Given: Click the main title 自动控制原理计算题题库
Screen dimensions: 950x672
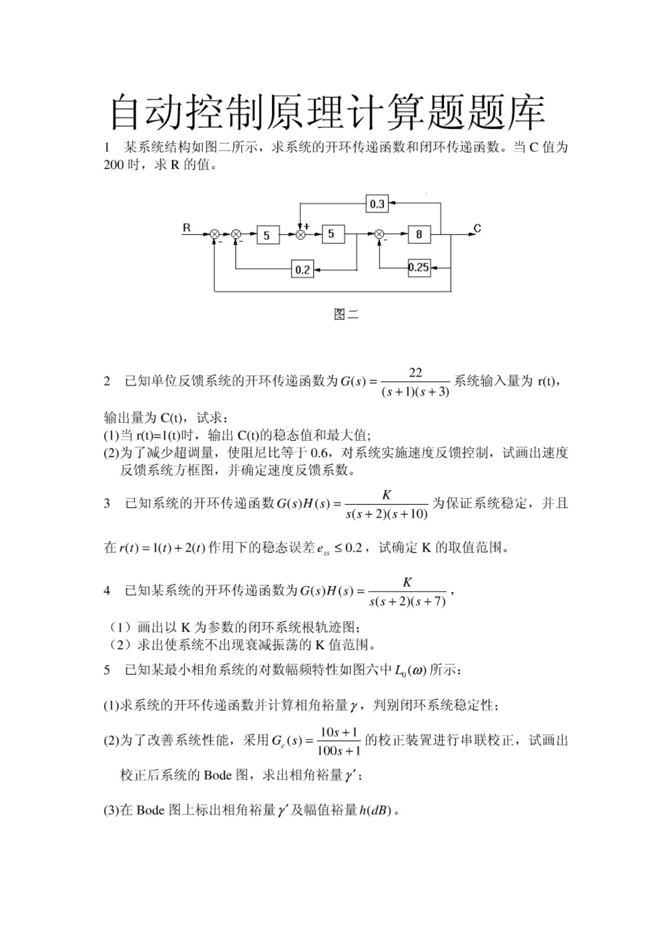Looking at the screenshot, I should [327, 112].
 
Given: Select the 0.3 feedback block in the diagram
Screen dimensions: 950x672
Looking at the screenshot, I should [377, 204].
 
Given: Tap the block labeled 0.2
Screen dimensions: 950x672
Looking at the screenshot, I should [303, 269].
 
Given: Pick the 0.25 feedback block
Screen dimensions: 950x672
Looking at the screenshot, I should [419, 268].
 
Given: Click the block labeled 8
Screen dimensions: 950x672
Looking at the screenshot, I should [419, 234].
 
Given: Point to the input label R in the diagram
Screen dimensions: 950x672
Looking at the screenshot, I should [187, 228].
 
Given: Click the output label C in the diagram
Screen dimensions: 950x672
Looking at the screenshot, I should [477, 229].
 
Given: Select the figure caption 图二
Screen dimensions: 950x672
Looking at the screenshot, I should [346, 314].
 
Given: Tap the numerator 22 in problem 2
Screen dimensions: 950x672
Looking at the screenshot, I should [415, 373].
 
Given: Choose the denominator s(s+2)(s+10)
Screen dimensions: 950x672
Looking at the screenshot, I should [386, 515].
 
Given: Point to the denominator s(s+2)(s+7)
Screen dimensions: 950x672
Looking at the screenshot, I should [407, 602].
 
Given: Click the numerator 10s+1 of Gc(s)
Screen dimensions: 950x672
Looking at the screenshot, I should [339, 732].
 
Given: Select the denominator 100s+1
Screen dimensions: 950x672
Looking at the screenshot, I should [339, 751].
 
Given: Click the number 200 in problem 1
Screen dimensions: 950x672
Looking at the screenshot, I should [114, 165].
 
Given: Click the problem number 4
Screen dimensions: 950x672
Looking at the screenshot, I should [107, 591].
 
